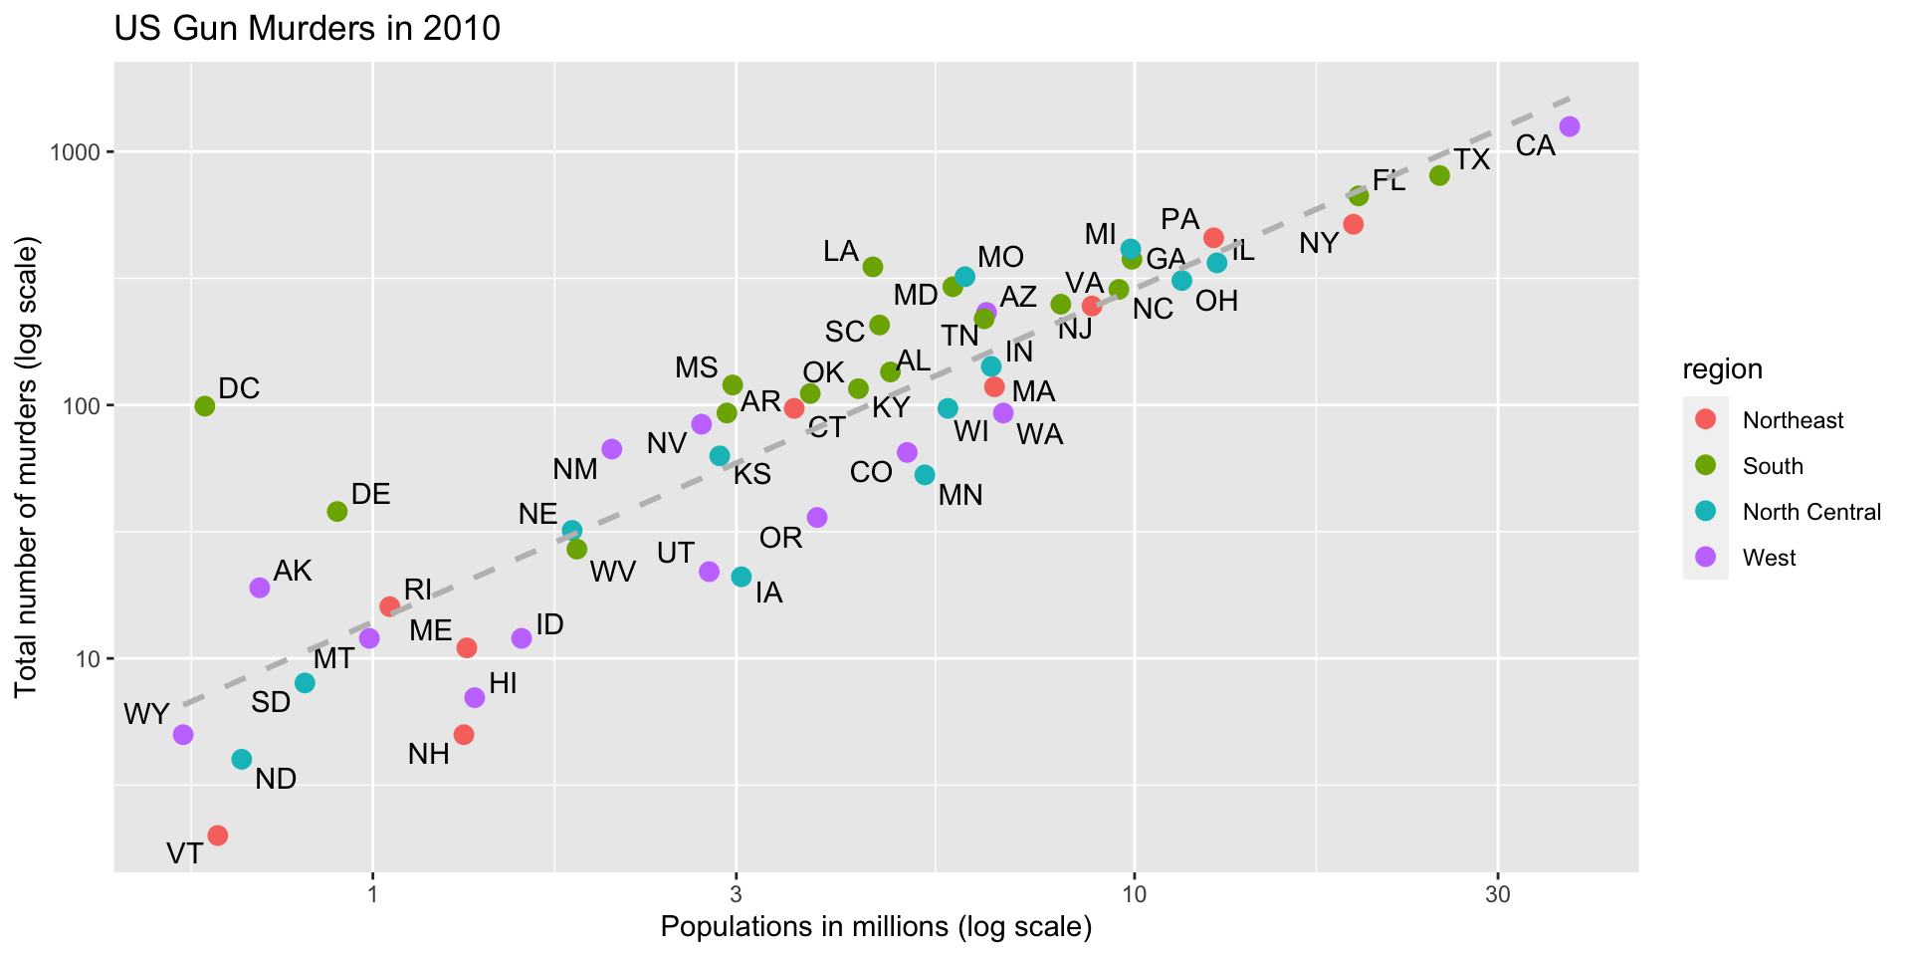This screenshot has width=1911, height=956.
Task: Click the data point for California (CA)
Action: point(1570,126)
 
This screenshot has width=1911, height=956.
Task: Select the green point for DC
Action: point(205,406)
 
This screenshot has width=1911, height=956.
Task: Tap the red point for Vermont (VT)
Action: point(218,835)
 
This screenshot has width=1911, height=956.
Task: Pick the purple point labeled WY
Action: point(183,735)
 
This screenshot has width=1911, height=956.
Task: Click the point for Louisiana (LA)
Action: point(873,267)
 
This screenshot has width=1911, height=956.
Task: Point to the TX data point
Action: point(1439,175)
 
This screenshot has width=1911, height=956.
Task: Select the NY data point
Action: point(1354,224)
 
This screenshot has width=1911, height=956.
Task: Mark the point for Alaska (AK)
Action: point(260,588)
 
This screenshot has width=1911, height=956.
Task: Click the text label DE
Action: point(370,494)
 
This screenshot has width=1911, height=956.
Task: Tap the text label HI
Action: point(503,683)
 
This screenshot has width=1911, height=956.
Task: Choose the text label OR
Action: point(780,539)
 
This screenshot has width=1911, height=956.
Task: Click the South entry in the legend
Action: point(1773,466)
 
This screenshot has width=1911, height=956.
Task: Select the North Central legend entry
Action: point(1811,512)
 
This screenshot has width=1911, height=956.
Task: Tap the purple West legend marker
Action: point(1705,558)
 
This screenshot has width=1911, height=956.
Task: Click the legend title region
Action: point(1722,369)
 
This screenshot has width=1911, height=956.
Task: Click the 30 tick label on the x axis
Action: point(1498,894)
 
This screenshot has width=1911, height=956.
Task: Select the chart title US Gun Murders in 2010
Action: point(308,29)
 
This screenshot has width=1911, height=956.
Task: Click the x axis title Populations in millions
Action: point(876,928)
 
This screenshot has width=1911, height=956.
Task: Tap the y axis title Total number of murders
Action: point(27,468)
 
